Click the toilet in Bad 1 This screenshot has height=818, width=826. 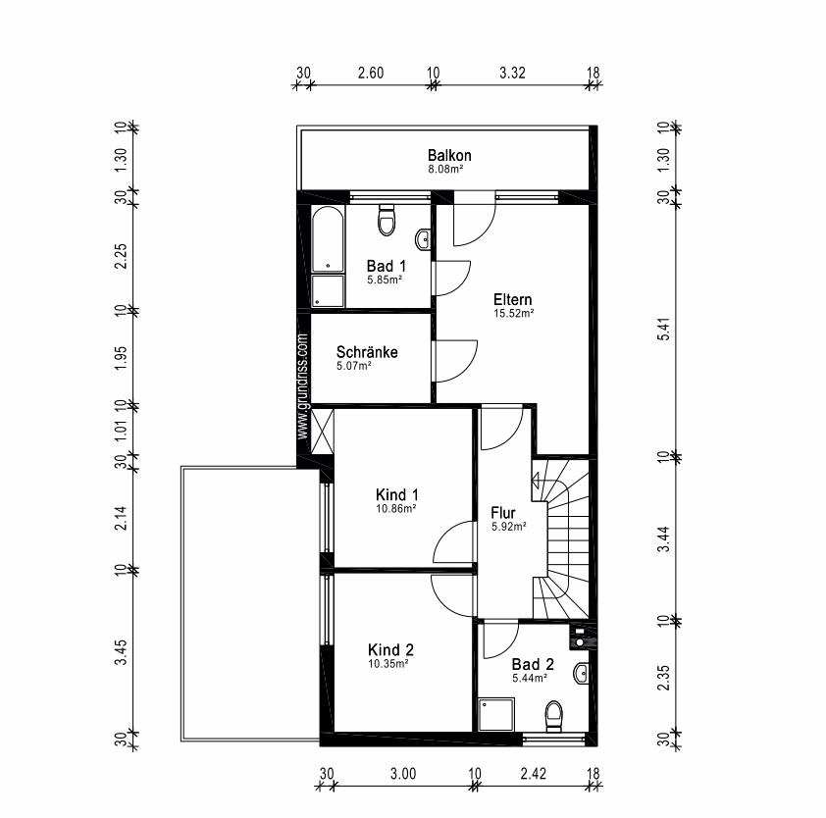point(387,220)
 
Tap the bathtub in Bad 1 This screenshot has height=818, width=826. point(328,239)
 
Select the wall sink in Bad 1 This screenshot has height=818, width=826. point(423,239)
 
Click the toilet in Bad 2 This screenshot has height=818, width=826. point(553,716)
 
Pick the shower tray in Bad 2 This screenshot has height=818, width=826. point(495,714)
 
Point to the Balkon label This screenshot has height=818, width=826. point(449,155)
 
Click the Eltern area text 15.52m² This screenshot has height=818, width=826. point(514,313)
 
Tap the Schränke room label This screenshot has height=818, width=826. point(367,352)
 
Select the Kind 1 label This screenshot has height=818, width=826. point(397,494)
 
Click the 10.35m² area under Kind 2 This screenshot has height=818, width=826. point(388,664)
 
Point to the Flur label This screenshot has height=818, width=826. point(503,513)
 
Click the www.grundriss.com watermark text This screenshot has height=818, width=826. point(302,386)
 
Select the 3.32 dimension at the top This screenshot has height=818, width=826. point(512,73)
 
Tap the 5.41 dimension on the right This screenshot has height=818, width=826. point(664,329)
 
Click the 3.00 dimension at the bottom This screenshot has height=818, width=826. point(403,774)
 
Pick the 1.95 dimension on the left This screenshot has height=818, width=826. point(121,358)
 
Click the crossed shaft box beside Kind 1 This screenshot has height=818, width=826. point(323,432)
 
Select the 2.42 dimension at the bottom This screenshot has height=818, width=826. point(533,774)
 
